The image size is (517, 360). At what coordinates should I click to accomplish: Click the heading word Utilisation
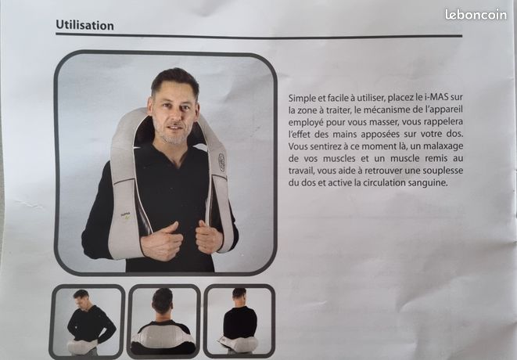(84, 25)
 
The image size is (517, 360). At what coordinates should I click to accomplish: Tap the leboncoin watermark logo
(476, 15)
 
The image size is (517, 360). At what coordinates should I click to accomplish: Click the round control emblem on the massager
(221, 162)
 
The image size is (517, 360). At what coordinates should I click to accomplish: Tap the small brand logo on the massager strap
(126, 216)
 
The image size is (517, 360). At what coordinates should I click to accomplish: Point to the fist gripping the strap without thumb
(208, 237)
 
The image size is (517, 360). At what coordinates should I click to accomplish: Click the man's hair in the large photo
(175, 81)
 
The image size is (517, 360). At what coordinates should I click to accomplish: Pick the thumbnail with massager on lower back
(239, 321)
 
